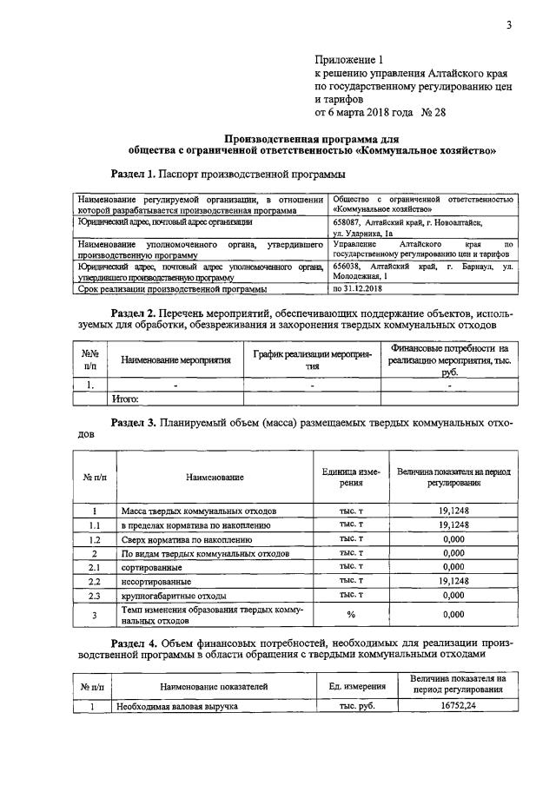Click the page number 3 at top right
pyautogui.click(x=509, y=25)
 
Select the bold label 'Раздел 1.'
pyautogui.click(x=138, y=173)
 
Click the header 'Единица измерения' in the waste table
pyautogui.click(x=350, y=477)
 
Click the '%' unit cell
pyautogui.click(x=351, y=615)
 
